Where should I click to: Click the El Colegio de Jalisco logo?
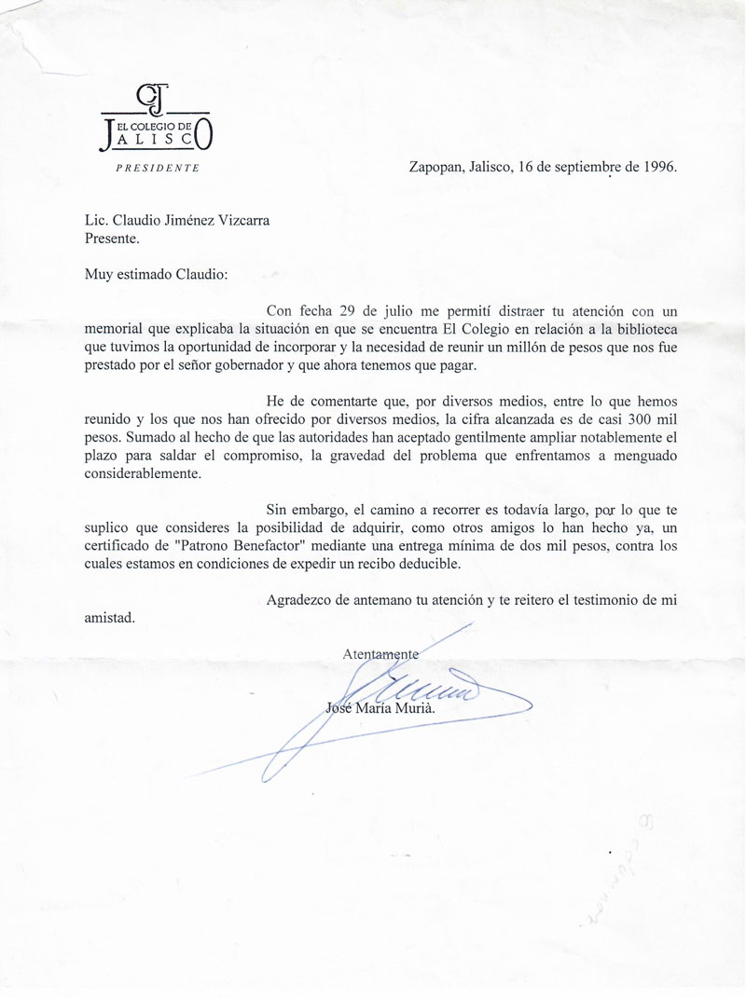coord(157,120)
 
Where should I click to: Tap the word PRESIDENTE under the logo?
coord(157,169)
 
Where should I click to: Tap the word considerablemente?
coord(142,473)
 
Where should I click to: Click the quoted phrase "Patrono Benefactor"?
coord(233,546)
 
